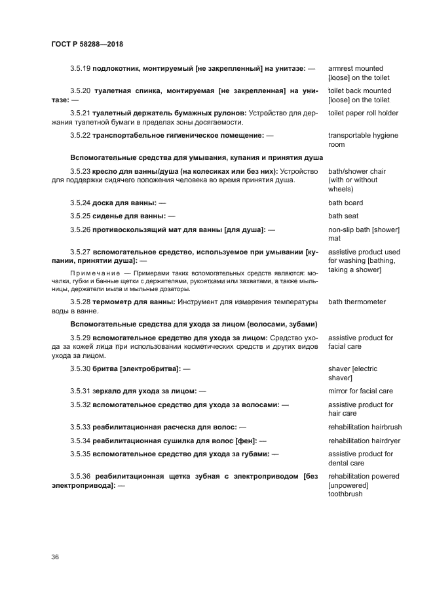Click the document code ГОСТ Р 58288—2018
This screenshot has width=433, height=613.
tap(87, 45)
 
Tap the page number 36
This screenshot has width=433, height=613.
tap(55, 557)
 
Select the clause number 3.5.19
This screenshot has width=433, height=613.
tap(81, 69)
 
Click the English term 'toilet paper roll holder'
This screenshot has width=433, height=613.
tap(363, 113)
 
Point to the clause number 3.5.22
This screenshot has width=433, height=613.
tap(81, 136)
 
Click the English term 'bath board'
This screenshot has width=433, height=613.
tap(345, 203)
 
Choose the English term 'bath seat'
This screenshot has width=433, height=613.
tap(343, 216)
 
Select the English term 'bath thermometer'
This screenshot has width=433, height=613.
tap(357, 302)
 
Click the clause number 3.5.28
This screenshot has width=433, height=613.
tap(81, 302)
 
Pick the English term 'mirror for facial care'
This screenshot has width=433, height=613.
tap(360, 391)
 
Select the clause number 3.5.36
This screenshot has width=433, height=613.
tap(81, 476)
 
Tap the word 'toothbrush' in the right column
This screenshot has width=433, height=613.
tap(345, 494)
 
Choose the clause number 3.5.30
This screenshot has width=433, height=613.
tap(81, 369)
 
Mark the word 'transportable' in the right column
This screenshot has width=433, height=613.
tap(350, 136)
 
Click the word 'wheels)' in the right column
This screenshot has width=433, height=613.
tap(341, 189)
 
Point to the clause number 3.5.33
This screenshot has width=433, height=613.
tap(81, 427)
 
